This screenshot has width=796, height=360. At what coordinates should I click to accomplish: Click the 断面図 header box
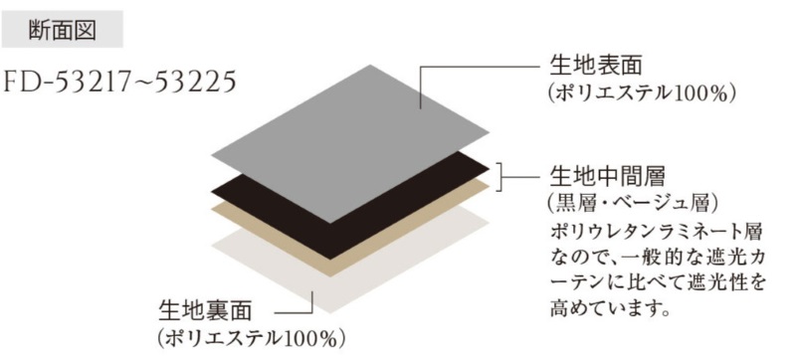(x=62, y=30)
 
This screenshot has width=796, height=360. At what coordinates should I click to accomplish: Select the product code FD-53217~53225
(x=120, y=82)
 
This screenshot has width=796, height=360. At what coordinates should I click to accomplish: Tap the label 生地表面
(x=596, y=66)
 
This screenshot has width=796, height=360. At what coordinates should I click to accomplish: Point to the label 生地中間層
(x=608, y=176)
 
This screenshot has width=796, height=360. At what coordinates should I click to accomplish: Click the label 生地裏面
(x=205, y=310)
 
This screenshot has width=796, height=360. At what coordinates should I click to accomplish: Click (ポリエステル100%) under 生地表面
(x=642, y=93)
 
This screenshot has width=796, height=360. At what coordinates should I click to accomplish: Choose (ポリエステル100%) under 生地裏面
(x=252, y=338)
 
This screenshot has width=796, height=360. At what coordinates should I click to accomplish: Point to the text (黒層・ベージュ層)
(x=633, y=203)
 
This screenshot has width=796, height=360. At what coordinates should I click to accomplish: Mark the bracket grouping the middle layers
(x=500, y=177)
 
